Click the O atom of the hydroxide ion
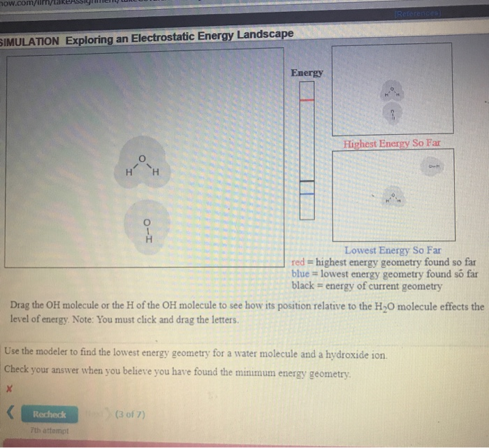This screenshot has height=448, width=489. (x=147, y=223)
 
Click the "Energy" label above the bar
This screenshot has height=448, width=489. (x=307, y=73)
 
